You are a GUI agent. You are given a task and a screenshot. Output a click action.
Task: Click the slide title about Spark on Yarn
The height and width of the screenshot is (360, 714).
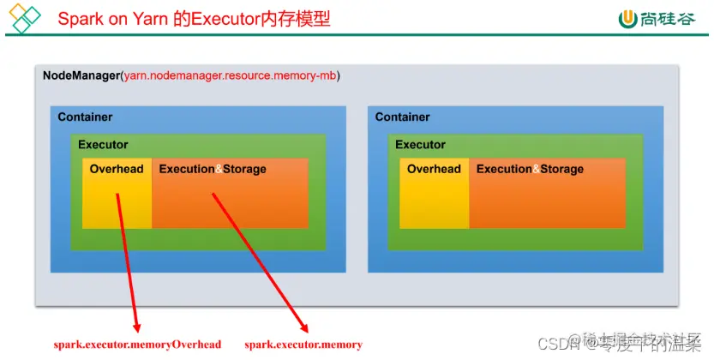pos(194,18)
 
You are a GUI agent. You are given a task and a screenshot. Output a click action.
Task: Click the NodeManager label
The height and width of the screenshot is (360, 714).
pos(81,75)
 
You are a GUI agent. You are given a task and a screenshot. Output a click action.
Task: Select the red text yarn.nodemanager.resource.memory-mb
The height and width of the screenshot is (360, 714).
pos(231,75)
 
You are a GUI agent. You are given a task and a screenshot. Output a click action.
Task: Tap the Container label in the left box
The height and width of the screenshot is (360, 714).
pos(85,117)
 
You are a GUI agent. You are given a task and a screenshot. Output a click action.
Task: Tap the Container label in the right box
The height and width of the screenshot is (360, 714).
pos(402,117)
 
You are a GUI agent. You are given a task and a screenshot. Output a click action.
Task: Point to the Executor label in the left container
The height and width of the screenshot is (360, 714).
pos(103,145)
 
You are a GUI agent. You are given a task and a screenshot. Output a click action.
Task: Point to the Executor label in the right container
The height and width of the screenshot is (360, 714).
pos(420,145)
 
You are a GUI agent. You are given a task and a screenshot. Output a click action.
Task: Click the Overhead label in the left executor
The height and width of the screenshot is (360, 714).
pos(117,169)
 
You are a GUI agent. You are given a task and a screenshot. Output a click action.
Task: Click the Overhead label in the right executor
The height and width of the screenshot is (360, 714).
pos(434,169)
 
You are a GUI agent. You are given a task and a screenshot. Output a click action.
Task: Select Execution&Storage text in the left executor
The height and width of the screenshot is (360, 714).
pos(213,169)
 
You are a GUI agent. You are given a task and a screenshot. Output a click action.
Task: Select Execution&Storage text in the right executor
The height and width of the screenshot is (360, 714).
pos(530,169)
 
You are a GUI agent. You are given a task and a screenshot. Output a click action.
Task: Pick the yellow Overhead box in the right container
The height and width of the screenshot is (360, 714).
pos(435,201)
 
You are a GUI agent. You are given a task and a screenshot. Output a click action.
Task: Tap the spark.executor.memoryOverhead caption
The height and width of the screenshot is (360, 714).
pos(138,345)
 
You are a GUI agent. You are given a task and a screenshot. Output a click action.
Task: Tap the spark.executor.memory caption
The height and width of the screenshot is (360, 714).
pos(303,345)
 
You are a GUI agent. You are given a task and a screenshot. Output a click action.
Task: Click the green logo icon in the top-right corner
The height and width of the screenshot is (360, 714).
pos(628,18)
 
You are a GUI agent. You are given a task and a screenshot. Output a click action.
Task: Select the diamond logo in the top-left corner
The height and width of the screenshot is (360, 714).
pos(23,18)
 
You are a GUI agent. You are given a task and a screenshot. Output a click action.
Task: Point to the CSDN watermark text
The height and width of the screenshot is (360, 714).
pos(562,345)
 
